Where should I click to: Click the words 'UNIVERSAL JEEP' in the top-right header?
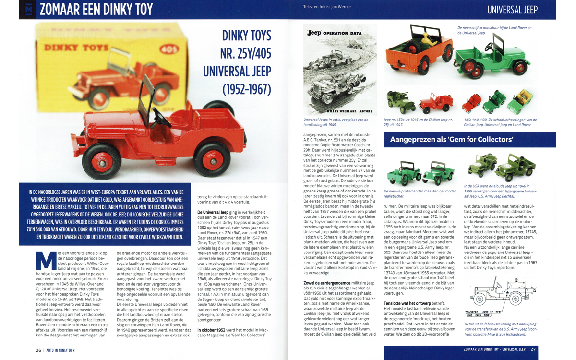(512, 9)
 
